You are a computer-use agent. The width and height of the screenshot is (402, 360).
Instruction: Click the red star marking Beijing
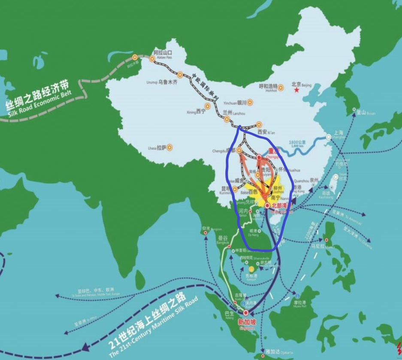pyautogui.click(x=296, y=91)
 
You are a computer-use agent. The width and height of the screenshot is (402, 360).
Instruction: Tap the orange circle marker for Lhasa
pyautogui.click(x=170, y=147)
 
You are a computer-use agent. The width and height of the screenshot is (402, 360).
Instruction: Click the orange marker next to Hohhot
pyautogui.click(x=281, y=88)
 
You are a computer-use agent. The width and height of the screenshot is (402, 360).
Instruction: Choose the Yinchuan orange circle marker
pyautogui.click(x=250, y=103)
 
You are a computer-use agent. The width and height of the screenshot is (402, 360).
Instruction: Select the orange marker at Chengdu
pyautogui.click(x=239, y=151)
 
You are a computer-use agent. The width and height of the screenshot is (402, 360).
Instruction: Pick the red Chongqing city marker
pyautogui.click(x=259, y=157)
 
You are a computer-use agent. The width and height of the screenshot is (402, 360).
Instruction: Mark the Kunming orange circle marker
pyautogui.click(x=235, y=188)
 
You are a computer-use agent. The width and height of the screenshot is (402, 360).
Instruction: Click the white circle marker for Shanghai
pyautogui.click(x=329, y=137)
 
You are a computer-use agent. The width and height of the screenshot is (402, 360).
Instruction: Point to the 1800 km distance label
pyautogui.click(x=298, y=142)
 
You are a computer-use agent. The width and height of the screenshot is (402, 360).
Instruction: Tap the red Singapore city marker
pyautogui.click(x=246, y=313)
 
